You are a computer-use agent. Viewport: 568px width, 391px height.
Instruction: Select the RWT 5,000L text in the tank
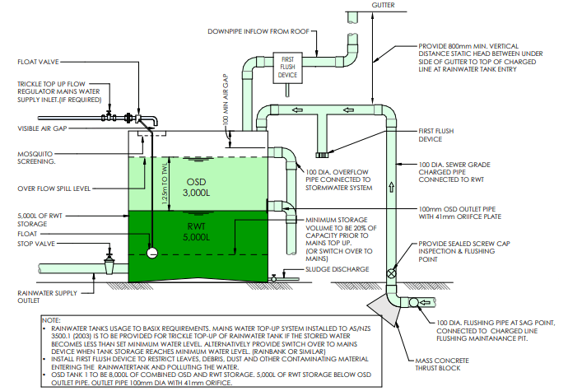pos(196,231)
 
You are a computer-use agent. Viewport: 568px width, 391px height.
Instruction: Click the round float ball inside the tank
pos(151,253)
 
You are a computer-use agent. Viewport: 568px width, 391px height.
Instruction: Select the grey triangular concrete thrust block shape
pos(380,309)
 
